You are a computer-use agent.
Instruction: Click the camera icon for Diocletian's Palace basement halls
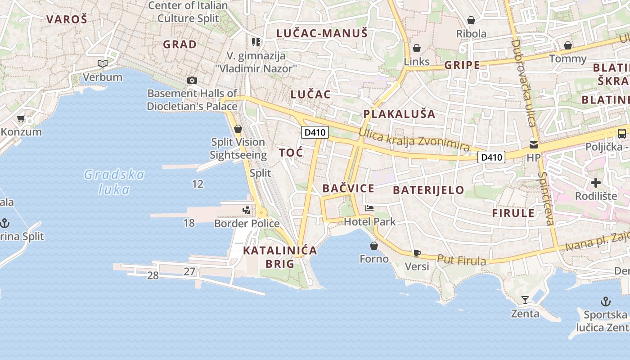coord(192,81)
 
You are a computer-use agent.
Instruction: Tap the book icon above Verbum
coord(103,64)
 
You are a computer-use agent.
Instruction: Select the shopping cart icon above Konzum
coord(21,119)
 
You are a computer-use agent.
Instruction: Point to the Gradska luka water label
coord(114,182)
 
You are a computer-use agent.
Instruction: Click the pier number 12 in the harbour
coord(198,184)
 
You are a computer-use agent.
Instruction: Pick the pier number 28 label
coord(153,275)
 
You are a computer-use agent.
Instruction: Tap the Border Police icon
coord(246,210)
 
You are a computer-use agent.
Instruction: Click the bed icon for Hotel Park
coord(369,208)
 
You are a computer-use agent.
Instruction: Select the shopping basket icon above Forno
coord(373,246)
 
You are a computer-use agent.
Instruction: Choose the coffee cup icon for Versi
coord(417,253)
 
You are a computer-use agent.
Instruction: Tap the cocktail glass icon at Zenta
coord(525,300)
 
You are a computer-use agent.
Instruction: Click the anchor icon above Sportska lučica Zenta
coord(606,301)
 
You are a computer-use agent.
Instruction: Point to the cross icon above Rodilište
coord(596,183)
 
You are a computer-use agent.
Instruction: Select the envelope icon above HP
coord(533,145)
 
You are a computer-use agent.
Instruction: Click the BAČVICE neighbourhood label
coord(348,188)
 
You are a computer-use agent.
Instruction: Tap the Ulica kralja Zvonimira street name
coord(414,140)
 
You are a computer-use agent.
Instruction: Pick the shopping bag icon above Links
coord(417,48)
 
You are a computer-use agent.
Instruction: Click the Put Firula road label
coord(462,260)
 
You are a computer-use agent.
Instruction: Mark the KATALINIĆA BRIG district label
coord(280,257)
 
